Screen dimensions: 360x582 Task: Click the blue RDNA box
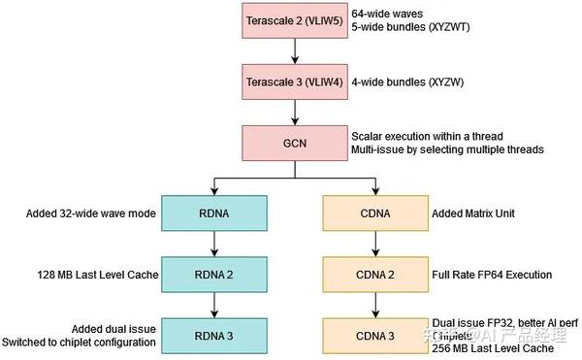213,212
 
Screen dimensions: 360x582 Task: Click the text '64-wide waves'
387,14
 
